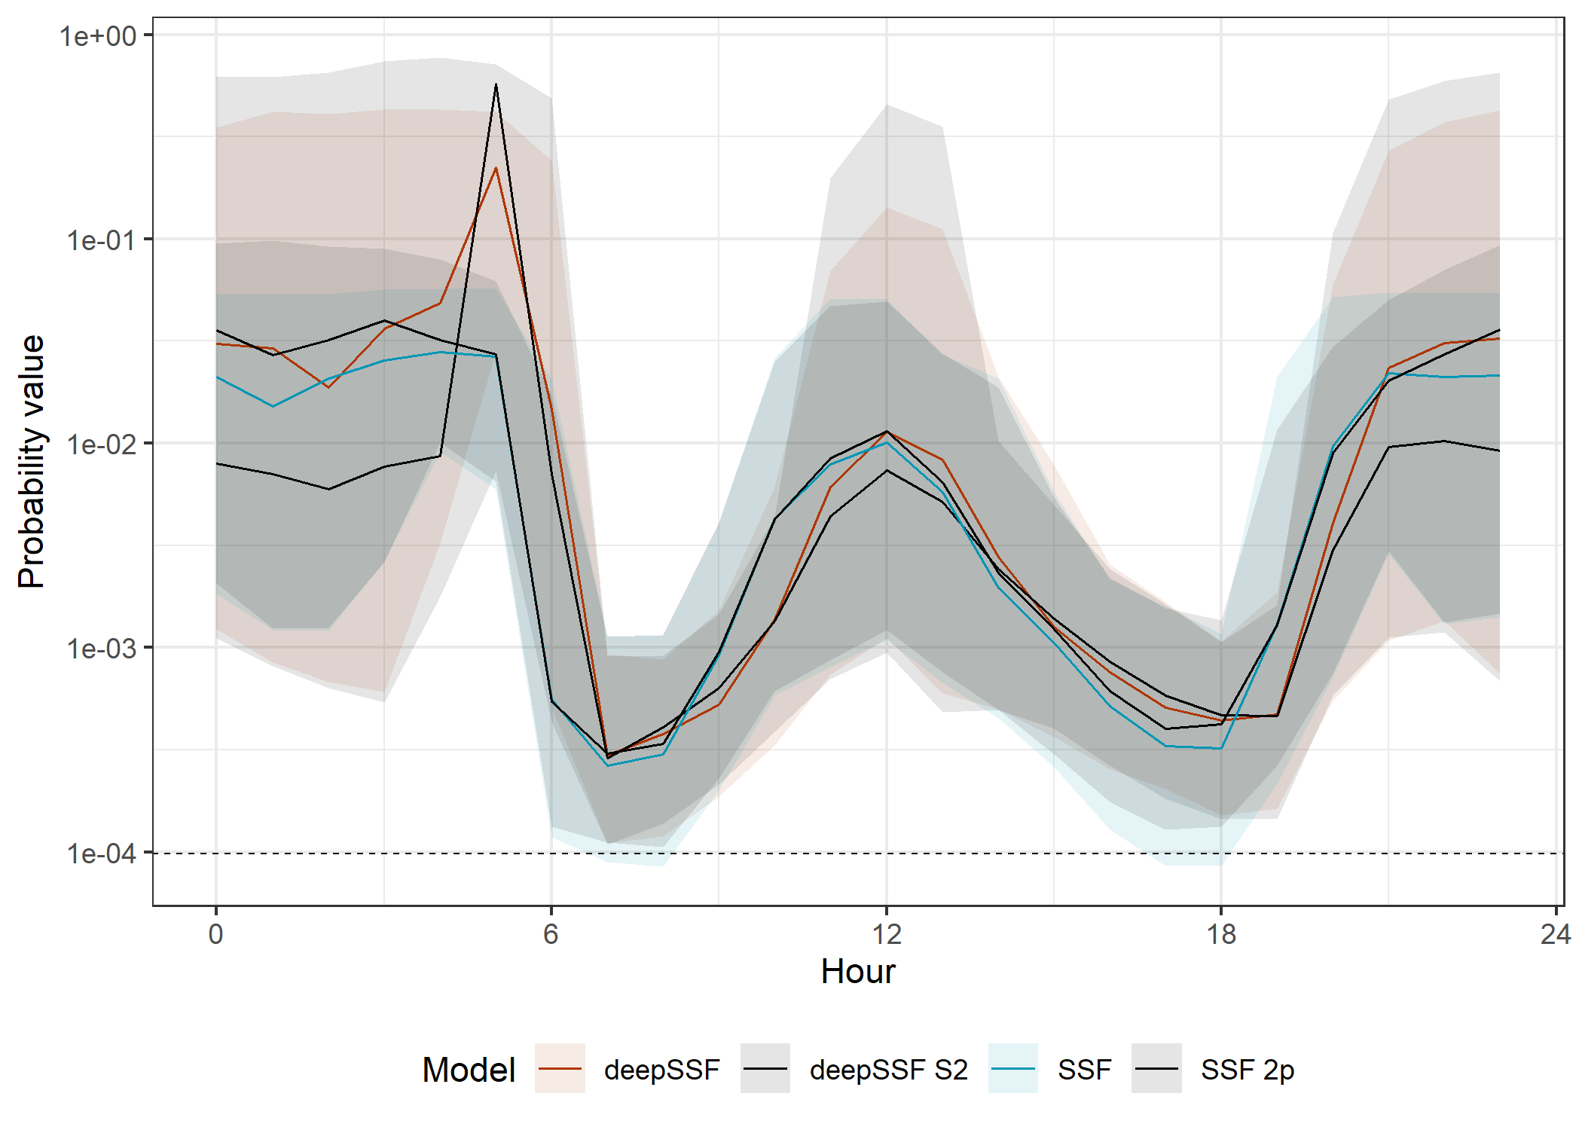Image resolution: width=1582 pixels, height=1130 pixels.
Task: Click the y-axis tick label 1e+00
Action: click(x=98, y=36)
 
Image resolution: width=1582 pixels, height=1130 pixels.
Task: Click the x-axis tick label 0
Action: click(x=216, y=935)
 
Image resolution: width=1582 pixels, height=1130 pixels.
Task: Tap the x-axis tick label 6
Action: click(x=551, y=935)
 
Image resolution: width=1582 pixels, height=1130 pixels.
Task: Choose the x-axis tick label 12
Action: click(x=887, y=935)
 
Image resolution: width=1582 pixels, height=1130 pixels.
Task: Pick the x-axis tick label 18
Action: click(x=1221, y=935)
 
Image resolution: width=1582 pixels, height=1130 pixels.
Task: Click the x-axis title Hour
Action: click(x=858, y=972)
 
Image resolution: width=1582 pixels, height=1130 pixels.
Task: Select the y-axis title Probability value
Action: click(x=32, y=461)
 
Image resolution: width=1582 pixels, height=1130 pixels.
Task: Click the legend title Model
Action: click(x=469, y=1070)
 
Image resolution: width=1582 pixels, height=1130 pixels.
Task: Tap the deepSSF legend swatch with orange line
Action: click(x=560, y=1068)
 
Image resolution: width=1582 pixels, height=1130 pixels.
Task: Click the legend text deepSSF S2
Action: click(x=889, y=1070)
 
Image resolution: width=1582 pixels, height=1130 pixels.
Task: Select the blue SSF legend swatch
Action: click(x=1013, y=1068)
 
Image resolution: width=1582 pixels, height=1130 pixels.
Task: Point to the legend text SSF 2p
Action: click(x=1248, y=1070)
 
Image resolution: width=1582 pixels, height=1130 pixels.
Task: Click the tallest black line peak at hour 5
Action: click(x=496, y=84)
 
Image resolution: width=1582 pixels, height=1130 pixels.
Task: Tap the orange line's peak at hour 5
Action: click(x=496, y=168)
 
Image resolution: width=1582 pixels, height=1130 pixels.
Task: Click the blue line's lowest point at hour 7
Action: click(x=607, y=766)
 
